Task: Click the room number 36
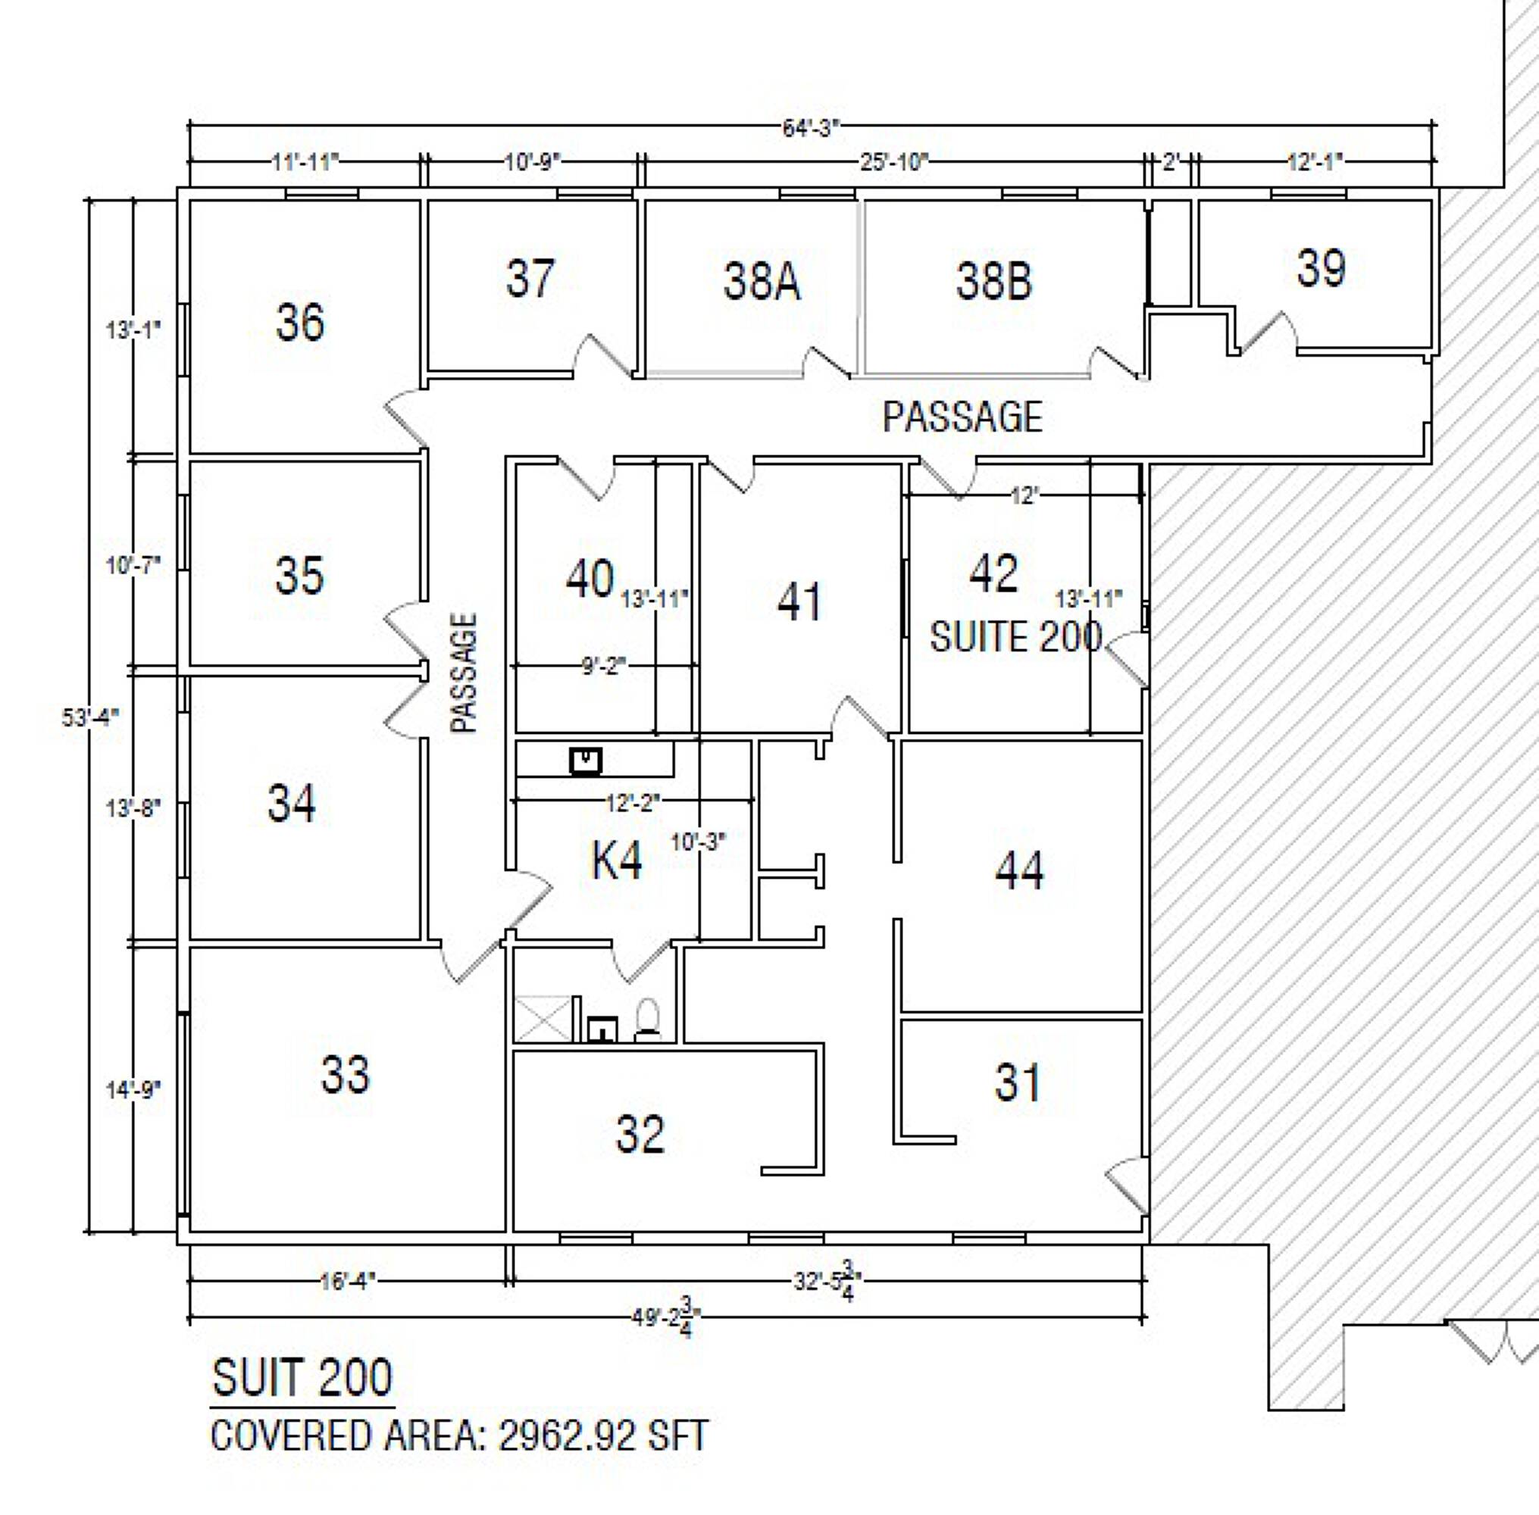(300, 322)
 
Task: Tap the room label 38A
(762, 282)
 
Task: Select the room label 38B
(994, 282)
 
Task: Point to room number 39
(1321, 267)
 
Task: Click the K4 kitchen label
(617, 861)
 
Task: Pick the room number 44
(1019, 870)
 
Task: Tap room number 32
(640, 1134)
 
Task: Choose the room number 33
(346, 1074)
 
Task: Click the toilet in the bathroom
(648, 1020)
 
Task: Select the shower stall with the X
(543, 1019)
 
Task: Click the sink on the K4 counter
(586, 761)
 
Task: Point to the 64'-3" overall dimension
(811, 127)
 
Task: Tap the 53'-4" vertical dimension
(91, 717)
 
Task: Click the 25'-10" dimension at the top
(894, 162)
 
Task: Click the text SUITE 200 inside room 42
(1016, 636)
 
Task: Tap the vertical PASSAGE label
(464, 673)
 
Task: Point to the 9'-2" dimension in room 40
(603, 665)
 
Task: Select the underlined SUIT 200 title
(302, 1377)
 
